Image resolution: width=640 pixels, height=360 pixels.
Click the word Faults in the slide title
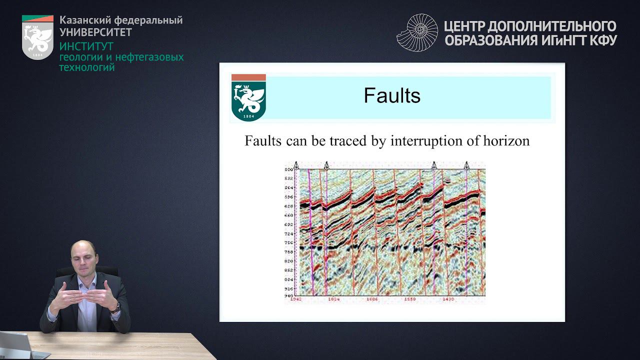tap(392, 95)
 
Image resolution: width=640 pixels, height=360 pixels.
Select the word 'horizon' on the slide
tap(506, 141)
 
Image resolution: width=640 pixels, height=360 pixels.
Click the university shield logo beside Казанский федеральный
tap(37, 38)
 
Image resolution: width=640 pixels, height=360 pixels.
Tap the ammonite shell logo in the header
tap(417, 33)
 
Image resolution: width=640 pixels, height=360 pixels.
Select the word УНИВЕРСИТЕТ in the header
tap(95, 32)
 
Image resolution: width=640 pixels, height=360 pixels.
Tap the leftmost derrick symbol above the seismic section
tap(296, 165)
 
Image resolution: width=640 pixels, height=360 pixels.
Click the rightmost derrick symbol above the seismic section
tap(466, 165)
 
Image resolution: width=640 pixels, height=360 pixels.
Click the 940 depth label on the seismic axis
tap(289, 295)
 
